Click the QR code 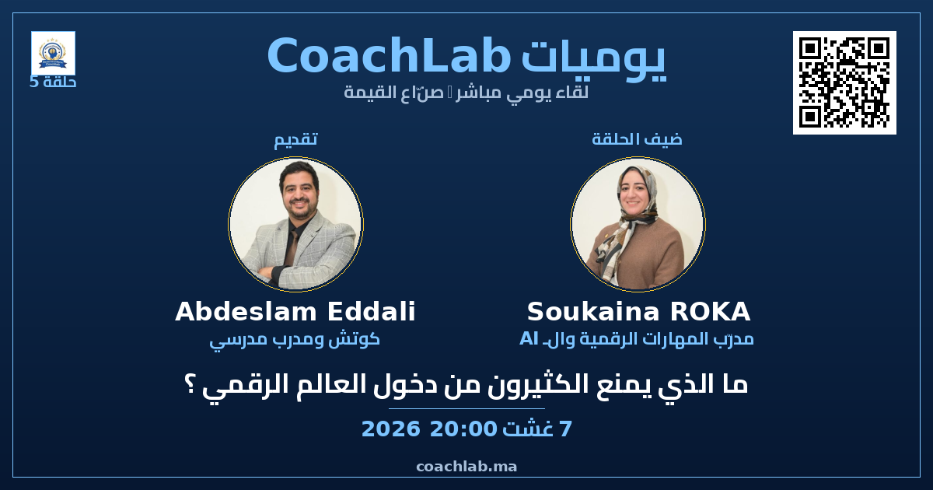coord(844,82)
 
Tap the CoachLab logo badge coord(53,54)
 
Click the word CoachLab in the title coord(389,56)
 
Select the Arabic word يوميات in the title coord(593,59)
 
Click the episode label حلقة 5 coord(53,82)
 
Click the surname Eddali coord(372,311)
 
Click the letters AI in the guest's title coord(529,339)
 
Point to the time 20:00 coord(463,429)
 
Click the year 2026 coord(390,429)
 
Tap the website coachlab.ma coord(466,467)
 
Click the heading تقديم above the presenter coord(295,139)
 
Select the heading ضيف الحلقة coord(638,138)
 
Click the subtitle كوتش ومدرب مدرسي coord(295,340)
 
